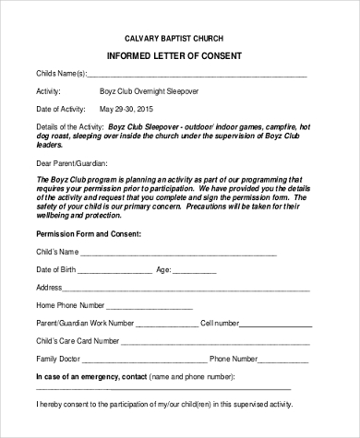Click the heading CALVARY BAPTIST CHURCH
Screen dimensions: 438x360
click(x=180, y=38)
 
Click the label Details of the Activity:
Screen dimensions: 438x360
click(x=67, y=127)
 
